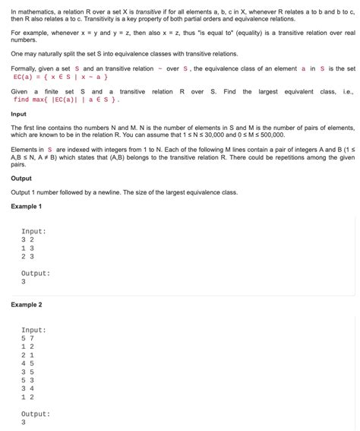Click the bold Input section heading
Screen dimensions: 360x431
tap(18, 115)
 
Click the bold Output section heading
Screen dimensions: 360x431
tap(21, 179)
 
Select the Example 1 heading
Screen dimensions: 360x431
tap(26, 206)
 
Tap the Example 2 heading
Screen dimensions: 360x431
tap(26, 305)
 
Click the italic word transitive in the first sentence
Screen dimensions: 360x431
tap(146, 13)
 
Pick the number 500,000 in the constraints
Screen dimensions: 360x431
tap(270, 135)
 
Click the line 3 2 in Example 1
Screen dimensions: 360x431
tap(27, 239)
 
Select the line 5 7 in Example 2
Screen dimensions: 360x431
tap(27, 338)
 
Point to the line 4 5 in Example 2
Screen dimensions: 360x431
tap(27, 363)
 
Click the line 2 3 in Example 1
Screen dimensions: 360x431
tap(27, 256)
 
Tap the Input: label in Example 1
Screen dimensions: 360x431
tap(34, 231)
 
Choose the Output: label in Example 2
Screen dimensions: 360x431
tap(36, 414)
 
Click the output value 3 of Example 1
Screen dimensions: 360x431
tap(24, 281)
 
